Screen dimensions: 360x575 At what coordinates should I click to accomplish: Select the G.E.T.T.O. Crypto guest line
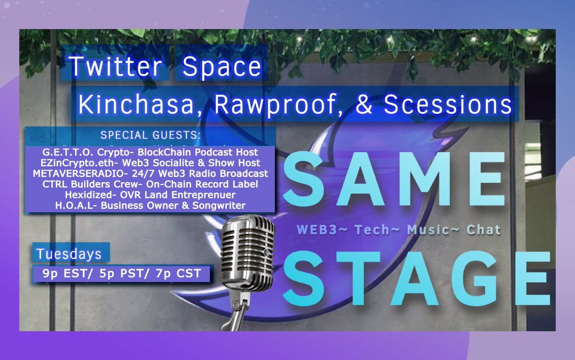[x=149, y=152]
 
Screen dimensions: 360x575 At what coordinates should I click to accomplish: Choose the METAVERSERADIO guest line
[x=149, y=173]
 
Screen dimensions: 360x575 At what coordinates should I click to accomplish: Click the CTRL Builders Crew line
[x=149, y=184]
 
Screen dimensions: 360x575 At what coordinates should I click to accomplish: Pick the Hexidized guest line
[x=149, y=195]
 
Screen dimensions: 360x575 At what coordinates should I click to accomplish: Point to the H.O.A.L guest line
[x=149, y=205]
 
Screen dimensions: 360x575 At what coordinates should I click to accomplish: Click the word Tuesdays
[x=69, y=253]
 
